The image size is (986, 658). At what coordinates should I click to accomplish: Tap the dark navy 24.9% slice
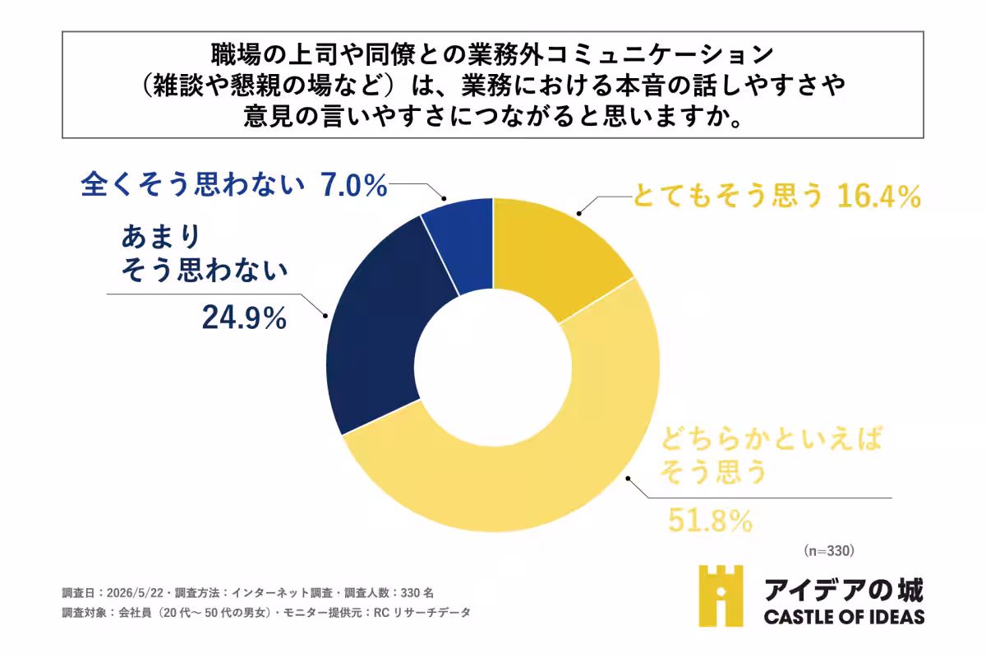click(379, 335)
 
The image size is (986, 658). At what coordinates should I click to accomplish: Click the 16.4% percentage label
click(878, 196)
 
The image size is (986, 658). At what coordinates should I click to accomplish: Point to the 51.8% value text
click(710, 521)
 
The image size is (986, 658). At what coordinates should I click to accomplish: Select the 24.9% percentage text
click(244, 317)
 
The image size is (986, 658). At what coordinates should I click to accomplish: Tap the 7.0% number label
click(354, 185)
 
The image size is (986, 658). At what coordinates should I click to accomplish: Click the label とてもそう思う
click(727, 195)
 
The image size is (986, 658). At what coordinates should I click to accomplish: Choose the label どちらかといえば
click(772, 438)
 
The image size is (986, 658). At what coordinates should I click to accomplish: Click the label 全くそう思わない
click(192, 183)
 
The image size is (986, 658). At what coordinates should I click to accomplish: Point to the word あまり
click(161, 236)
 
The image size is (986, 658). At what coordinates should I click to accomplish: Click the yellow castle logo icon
click(721, 595)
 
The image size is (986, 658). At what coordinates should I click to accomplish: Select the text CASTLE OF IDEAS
click(844, 617)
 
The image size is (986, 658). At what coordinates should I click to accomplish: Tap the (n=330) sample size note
click(829, 551)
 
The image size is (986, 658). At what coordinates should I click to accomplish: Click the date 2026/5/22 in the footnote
click(135, 593)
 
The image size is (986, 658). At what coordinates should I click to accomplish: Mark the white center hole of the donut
click(493, 368)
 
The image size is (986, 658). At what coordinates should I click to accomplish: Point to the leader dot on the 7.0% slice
click(445, 199)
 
